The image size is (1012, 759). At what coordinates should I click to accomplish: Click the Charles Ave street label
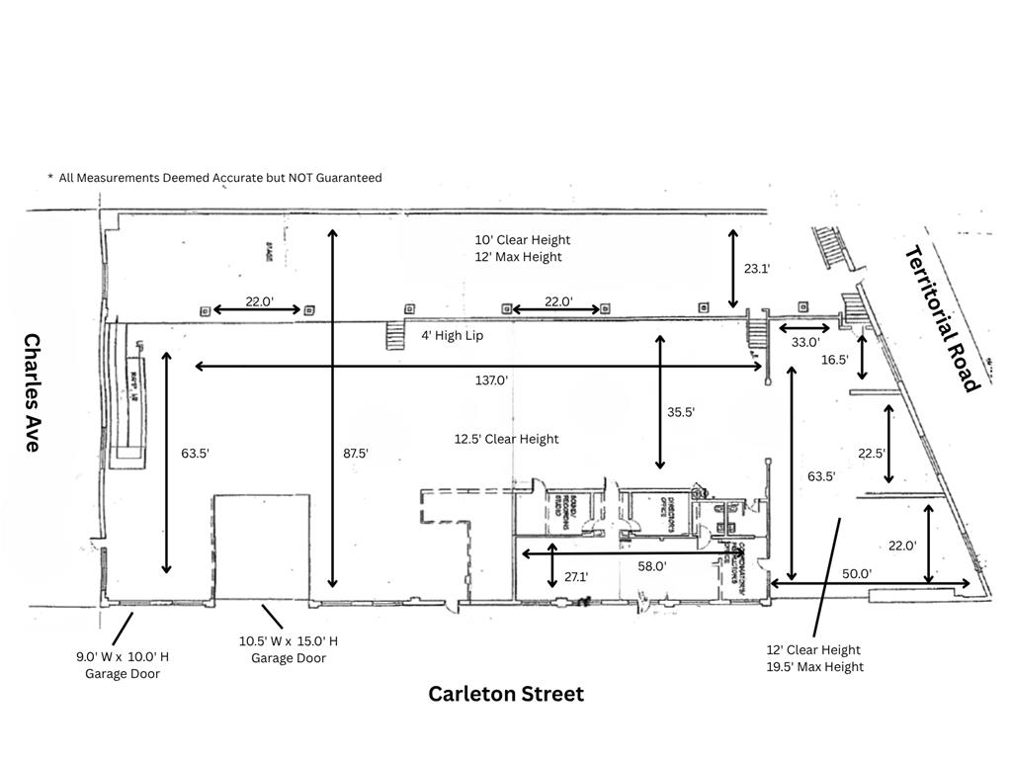coord(32,392)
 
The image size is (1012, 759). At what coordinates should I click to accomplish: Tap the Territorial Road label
coord(942,317)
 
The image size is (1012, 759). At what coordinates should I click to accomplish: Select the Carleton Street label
coord(505,694)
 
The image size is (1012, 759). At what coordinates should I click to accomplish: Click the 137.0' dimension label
coord(490,379)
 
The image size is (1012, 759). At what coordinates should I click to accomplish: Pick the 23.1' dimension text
coord(757,268)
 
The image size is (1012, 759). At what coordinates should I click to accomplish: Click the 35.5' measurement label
coord(681,413)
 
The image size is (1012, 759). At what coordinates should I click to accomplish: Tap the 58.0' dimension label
coord(651,566)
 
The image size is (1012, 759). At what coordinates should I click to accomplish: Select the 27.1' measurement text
coord(576,576)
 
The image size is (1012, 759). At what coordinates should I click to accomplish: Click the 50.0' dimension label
coord(857,573)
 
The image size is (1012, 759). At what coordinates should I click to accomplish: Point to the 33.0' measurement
coord(806,342)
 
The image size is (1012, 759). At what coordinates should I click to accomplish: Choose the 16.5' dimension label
coord(834,360)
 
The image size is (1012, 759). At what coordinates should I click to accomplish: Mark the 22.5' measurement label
coord(872,454)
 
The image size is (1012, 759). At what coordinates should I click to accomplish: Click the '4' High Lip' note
coord(453,335)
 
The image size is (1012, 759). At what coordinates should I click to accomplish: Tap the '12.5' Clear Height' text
coord(506,439)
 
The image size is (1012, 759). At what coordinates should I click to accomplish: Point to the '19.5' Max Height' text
coord(814,667)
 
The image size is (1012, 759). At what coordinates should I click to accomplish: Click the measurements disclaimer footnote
coord(214,178)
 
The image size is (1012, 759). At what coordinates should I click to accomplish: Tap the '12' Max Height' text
coord(518,257)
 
